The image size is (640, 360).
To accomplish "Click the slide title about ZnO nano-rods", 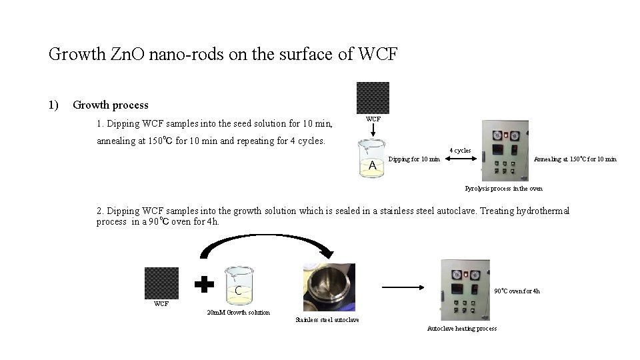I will (223, 54).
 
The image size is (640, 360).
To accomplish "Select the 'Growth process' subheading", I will (111, 105).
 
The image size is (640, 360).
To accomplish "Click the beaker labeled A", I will (373, 160).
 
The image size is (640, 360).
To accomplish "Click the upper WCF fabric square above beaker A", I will (373, 98).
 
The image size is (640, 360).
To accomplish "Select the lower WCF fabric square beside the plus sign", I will (162, 283).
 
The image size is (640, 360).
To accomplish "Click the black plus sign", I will (204, 283).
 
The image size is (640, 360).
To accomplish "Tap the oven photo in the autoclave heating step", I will (464, 289).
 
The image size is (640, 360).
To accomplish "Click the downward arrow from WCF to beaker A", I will (373, 131).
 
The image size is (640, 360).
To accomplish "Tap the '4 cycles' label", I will (460, 151).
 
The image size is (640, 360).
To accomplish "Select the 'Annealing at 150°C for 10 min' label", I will (576, 159).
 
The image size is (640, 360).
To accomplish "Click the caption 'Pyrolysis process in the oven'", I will (503, 189).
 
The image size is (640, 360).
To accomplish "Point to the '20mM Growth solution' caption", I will (238, 313).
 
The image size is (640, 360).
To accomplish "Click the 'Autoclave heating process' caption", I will (462, 329).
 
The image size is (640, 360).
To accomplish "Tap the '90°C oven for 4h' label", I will (517, 291).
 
